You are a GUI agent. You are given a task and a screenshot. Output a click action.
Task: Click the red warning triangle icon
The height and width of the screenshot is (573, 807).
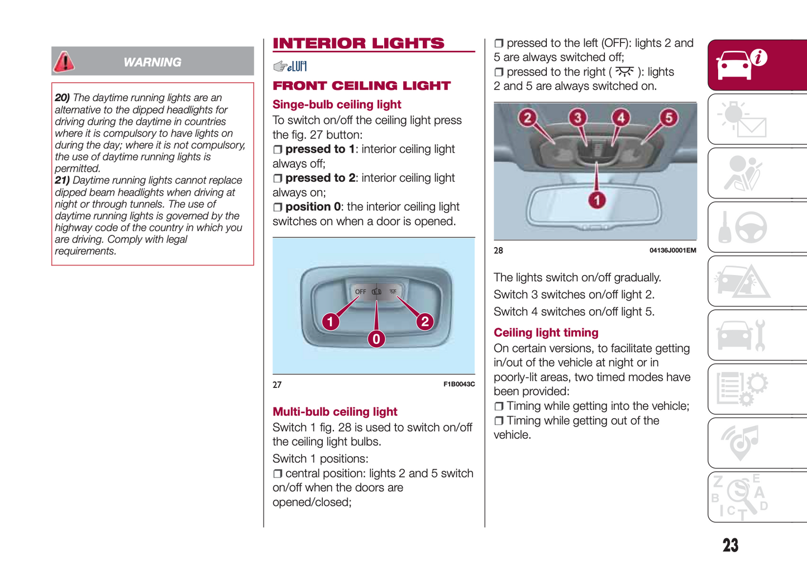64,61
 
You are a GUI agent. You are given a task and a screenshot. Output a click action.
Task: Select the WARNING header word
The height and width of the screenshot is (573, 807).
152,63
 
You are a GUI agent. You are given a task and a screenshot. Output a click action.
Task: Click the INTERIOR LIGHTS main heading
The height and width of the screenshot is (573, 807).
359,43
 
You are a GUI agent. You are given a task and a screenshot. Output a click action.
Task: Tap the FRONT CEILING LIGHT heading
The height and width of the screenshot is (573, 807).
361,86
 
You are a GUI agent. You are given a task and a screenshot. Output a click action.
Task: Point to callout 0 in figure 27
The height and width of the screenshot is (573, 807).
376,339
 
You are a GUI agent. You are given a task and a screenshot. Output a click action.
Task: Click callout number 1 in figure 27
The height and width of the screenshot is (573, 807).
331,321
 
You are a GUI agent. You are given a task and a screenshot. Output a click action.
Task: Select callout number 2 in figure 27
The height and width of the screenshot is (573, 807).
425,321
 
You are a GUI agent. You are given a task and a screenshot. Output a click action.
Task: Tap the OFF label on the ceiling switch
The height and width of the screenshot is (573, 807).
360,292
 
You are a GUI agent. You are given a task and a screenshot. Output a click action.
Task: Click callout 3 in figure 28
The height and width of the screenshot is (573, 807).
578,117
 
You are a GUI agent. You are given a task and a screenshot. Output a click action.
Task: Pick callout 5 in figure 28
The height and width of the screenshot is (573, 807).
668,117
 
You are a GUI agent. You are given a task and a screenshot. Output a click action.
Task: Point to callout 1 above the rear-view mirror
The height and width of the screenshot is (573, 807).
597,200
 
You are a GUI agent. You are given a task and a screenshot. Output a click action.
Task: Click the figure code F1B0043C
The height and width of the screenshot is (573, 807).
459,384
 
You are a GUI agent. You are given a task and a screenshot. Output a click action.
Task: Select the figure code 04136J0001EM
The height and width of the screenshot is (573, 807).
672,250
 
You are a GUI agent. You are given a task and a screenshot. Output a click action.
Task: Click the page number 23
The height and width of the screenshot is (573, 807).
730,545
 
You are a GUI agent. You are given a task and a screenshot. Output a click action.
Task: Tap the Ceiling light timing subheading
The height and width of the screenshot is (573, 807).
546,333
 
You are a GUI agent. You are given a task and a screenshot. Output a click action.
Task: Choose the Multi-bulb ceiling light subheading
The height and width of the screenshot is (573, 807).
335,411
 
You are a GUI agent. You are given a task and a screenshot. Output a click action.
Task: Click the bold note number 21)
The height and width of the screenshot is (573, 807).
63,181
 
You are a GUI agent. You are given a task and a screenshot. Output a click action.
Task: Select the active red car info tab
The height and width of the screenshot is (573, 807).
757,65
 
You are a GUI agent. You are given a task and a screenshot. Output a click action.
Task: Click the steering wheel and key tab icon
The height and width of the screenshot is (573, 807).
742,227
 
